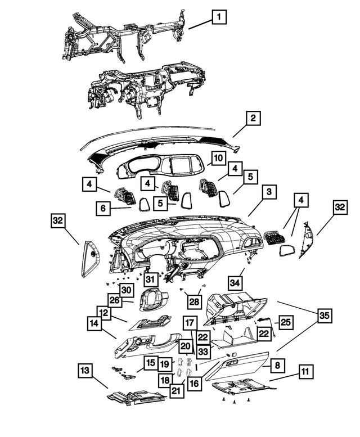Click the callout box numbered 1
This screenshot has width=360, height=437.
pos(219,17)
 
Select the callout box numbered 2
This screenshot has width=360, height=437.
pos(253,118)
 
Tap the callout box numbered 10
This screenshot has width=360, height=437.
pos(218,158)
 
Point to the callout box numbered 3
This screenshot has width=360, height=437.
pos(269,192)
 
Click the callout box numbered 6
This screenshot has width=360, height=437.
pos(103,208)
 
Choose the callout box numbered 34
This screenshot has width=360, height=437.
pos(235,283)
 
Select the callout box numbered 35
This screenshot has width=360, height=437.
pos(325,316)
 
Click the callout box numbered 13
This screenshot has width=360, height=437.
pos(85,371)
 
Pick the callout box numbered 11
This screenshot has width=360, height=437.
pos(305,372)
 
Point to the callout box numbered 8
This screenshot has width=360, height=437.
pos(277,365)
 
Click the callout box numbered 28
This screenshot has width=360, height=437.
pos(195,301)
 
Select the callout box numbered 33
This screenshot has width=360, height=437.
pos(204,352)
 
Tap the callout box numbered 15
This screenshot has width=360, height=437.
pos(151,363)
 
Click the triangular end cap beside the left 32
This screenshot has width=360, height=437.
pos(91,259)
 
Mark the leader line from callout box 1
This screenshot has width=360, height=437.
pos(200,24)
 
